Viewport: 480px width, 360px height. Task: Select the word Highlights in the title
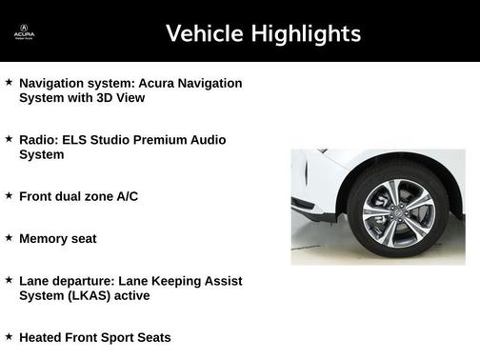302,34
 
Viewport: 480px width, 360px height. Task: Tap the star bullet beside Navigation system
9,83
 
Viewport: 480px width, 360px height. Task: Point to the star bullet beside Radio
9,139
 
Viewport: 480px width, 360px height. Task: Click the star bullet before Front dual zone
9,195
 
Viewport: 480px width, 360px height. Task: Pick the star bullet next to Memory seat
9,237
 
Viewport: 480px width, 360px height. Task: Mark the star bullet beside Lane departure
9,280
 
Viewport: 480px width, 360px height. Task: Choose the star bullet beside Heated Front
9,336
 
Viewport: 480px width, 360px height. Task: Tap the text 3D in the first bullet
107,97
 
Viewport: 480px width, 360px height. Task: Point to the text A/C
128,196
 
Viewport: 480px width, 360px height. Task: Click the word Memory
43,238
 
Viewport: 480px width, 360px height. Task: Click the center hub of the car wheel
397,210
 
